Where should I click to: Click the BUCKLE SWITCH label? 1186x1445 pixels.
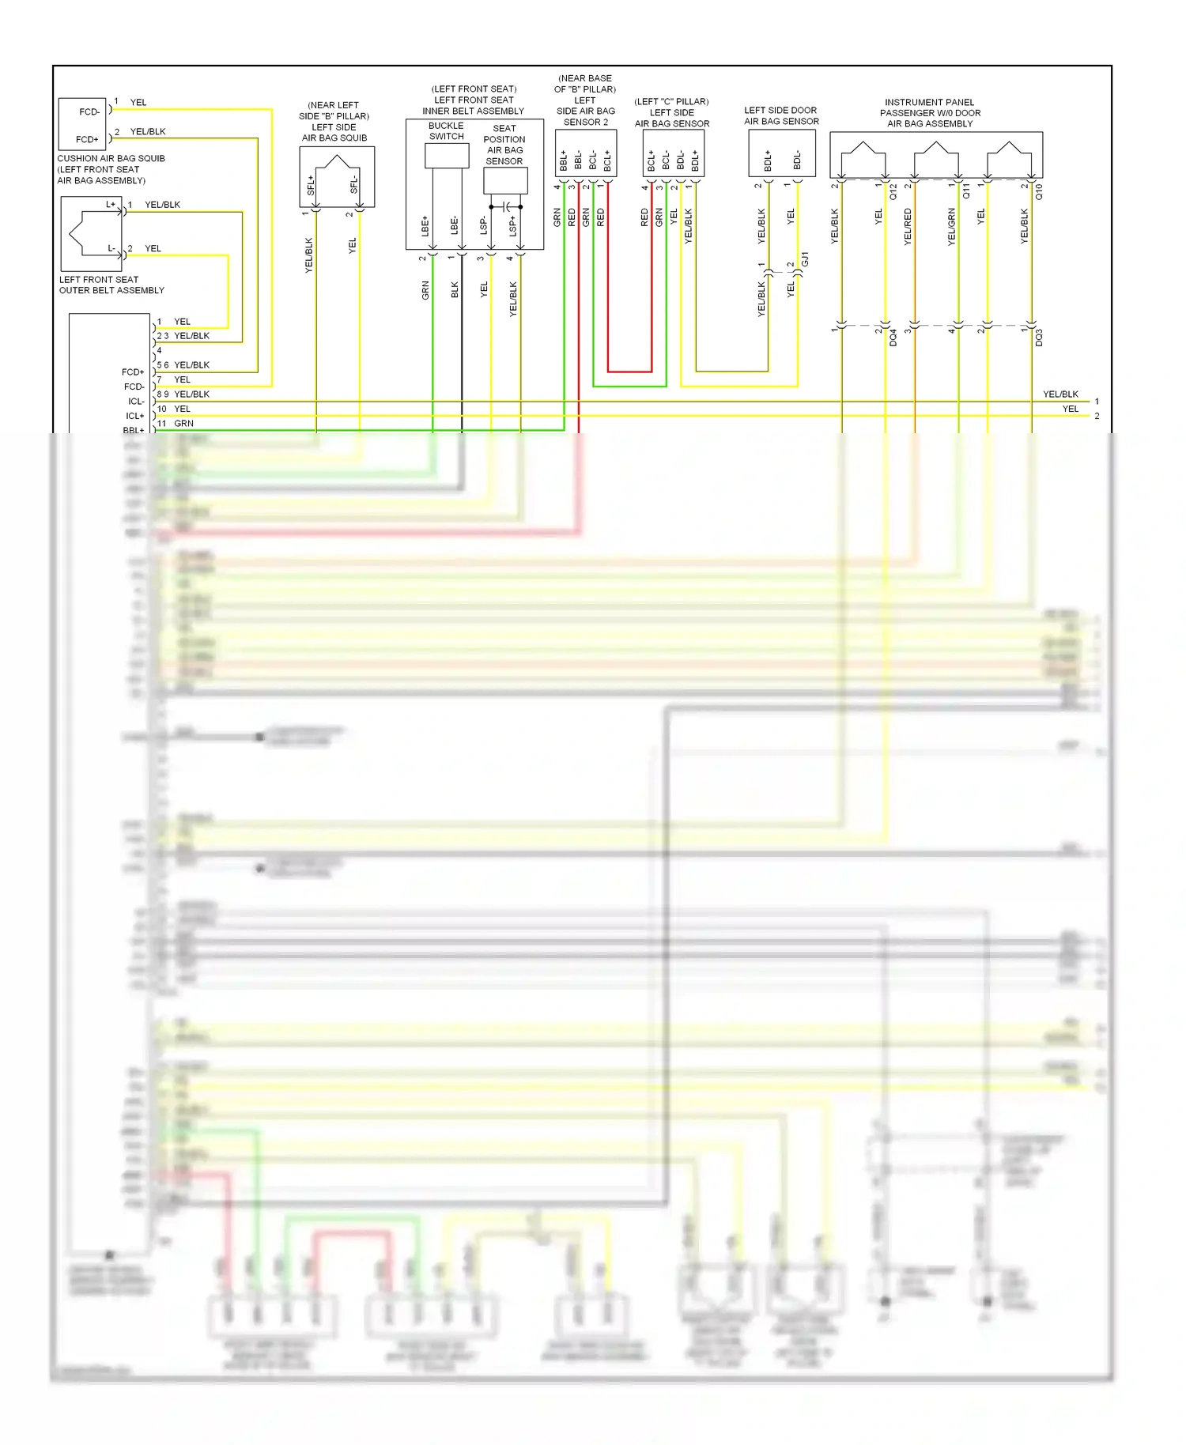pos(446,131)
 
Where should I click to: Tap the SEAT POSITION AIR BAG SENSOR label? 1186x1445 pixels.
pos(504,145)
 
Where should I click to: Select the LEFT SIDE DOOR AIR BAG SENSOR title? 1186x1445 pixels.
pos(781,115)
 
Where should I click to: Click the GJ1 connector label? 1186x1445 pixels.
pos(805,258)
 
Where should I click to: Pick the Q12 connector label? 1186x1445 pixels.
pos(893,191)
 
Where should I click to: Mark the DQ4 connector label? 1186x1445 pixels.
pos(893,338)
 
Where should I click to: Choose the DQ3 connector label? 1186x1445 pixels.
pos(1039,338)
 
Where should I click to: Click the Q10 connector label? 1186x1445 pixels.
pos(1039,191)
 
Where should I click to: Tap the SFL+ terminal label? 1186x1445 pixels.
pos(311,186)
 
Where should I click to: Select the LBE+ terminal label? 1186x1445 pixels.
pos(425,226)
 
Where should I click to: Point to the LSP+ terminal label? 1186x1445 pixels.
pos(512,226)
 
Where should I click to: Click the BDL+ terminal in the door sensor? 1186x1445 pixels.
pos(768,161)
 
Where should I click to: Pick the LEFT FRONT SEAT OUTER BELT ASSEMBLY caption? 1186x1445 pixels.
pos(111,285)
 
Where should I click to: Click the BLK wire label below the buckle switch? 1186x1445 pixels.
pos(455,290)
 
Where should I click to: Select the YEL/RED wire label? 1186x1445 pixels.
pos(908,226)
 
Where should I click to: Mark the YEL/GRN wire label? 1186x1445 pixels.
pos(951,226)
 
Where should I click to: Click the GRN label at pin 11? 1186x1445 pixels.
pos(183,424)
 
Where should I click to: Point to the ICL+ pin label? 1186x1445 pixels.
pos(135,416)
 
